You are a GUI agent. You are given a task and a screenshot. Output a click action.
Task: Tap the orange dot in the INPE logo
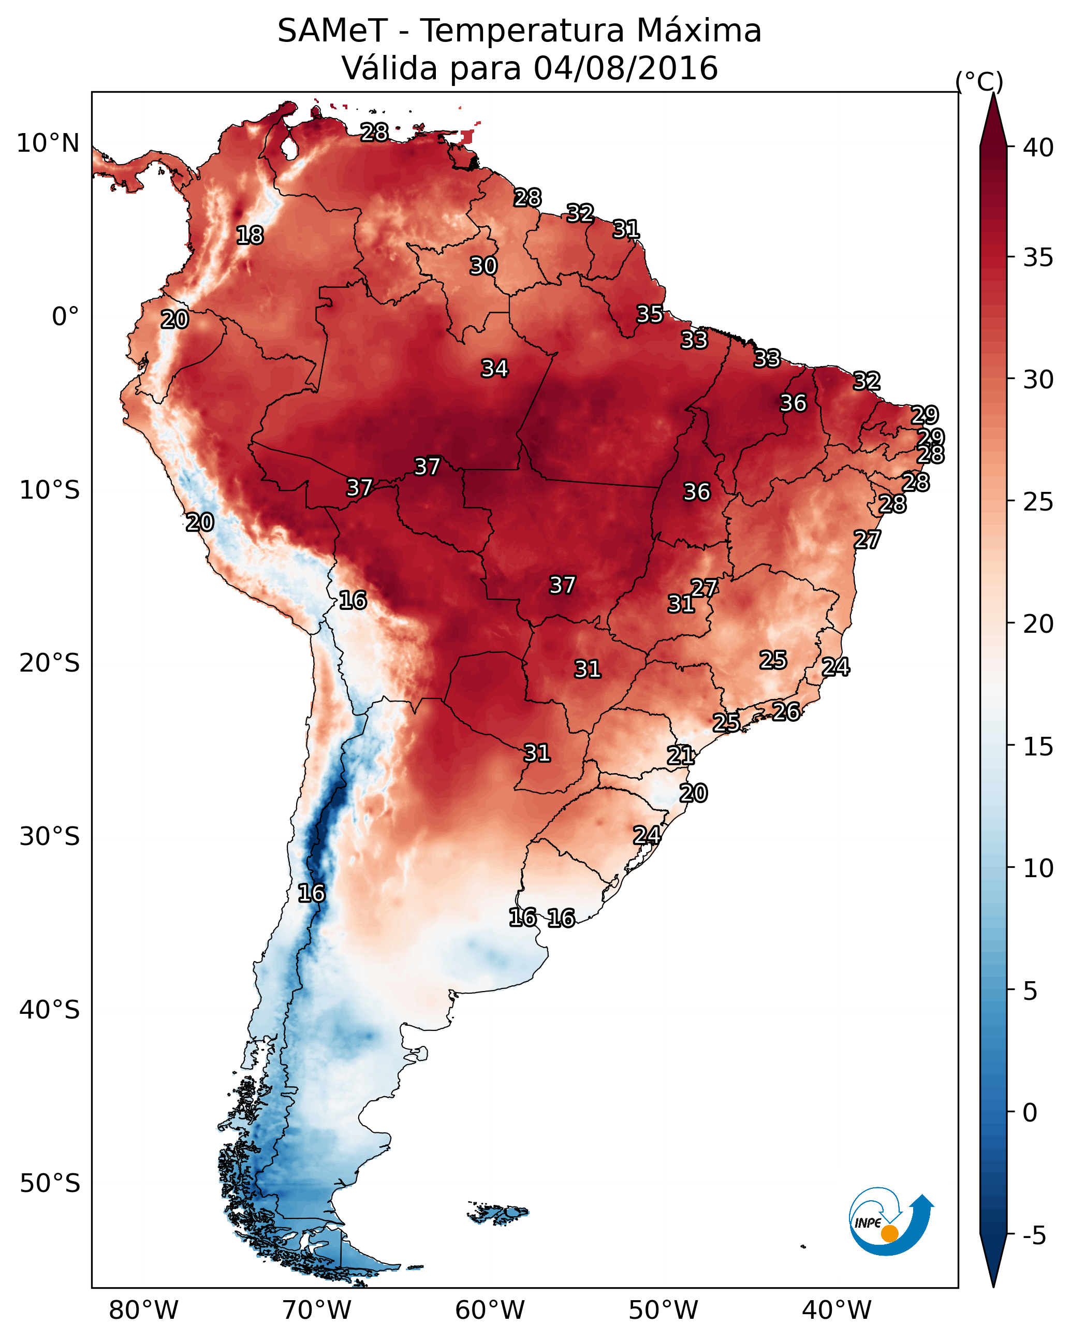click(x=889, y=1233)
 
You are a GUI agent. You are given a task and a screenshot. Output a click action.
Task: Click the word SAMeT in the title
click(x=332, y=31)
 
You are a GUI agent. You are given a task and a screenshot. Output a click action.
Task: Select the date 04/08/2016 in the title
click(x=625, y=68)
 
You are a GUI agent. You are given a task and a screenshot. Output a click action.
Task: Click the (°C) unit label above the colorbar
click(x=979, y=81)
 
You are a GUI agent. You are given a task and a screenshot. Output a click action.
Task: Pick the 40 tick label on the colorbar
click(x=1038, y=148)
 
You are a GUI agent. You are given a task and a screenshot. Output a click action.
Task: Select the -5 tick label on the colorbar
click(x=1035, y=1236)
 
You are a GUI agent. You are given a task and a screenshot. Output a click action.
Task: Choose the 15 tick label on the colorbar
click(x=1038, y=747)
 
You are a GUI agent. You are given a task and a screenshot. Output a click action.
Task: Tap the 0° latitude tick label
click(x=66, y=317)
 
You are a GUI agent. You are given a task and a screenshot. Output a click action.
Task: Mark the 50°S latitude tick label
click(x=50, y=1183)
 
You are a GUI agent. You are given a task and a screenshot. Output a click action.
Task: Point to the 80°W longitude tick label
click(x=143, y=1311)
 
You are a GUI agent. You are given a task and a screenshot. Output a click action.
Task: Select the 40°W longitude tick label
click(x=837, y=1311)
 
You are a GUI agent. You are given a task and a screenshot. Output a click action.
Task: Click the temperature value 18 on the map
click(x=250, y=236)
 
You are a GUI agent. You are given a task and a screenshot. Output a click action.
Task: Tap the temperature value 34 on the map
click(x=495, y=368)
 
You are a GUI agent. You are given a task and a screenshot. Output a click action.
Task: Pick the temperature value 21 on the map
click(x=681, y=755)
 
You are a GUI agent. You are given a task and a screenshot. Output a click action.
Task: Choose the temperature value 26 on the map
click(x=786, y=711)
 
